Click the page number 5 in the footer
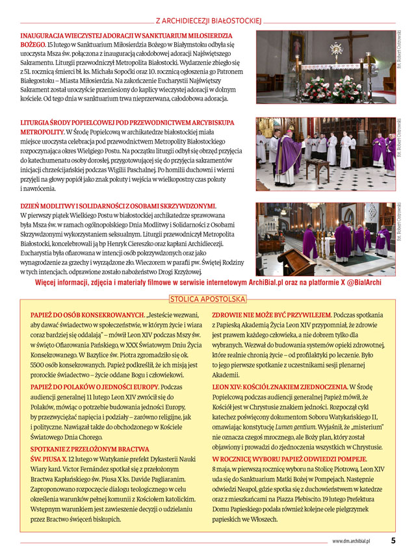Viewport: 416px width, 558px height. tap(393, 540)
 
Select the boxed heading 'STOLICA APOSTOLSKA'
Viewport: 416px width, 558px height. tap(208, 299)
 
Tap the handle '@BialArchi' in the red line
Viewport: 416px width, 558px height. tap(360, 283)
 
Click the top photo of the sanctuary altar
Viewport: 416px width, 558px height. tap(325, 68)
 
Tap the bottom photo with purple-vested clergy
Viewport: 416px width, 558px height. tap(325, 239)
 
